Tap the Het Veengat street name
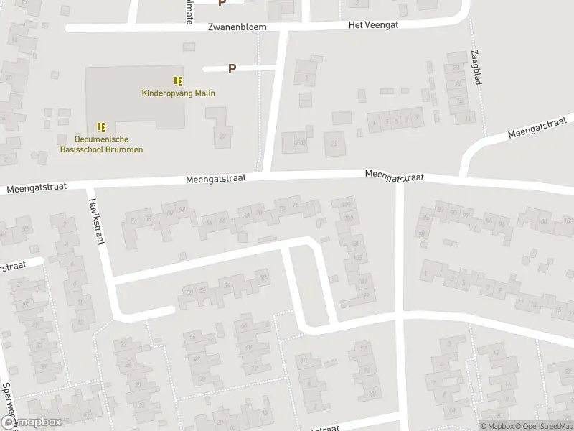tap(372, 24)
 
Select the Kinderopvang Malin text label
tap(178, 93)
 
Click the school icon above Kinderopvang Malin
tap(177, 80)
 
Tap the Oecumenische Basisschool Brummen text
tap(100, 144)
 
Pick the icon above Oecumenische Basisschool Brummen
tap(100, 127)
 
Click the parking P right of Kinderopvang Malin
tap(232, 69)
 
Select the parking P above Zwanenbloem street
tap(222, 3)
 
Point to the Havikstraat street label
tap(98, 221)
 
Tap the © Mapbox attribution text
tap(497, 425)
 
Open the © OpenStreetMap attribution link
tap(543, 425)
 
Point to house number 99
tap(366, 295)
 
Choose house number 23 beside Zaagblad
tap(456, 68)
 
